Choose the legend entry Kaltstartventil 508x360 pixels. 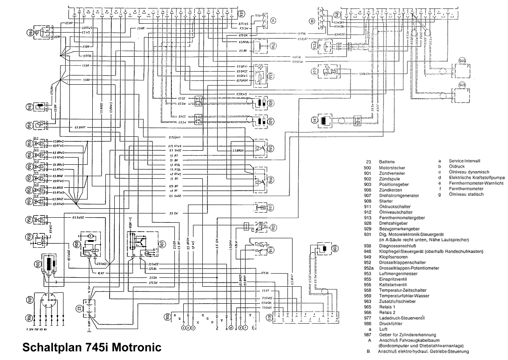coord(393,285)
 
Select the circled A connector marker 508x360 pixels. coord(273,19)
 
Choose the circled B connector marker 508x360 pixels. coord(312,19)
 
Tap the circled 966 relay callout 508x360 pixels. coord(271,179)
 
